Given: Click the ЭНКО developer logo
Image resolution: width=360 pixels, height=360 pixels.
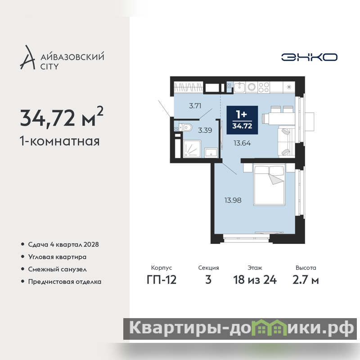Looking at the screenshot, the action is pos(309,57).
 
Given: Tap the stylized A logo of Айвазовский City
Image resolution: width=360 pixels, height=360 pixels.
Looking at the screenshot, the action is pos(27,58).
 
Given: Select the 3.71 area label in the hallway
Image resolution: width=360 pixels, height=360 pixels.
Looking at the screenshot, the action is pos(195,106).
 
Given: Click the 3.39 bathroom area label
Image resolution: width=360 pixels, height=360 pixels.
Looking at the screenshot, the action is pos(205,130).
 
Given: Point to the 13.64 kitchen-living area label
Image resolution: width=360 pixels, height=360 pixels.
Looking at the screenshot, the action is pos(242,143).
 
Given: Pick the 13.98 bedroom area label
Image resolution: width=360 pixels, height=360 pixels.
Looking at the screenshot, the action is pos(233,200).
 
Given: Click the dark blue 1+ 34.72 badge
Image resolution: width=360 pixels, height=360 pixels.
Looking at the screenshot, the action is pos(242,120).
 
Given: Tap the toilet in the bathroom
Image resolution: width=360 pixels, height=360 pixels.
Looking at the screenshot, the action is pos(185,127).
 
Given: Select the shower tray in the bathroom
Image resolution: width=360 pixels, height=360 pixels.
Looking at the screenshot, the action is pos(192,149).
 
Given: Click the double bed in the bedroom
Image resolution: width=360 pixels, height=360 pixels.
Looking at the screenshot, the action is pos(269,185).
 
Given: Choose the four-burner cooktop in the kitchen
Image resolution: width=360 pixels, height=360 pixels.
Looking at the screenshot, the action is pos(264,87).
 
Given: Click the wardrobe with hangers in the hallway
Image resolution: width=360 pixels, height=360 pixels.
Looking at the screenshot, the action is pos(189,87).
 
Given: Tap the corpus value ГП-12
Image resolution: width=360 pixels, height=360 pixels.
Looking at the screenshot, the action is pos(162,280).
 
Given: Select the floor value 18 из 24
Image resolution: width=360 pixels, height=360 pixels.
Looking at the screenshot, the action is pos(255,280).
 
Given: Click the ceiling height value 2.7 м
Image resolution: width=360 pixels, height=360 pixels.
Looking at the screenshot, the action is pos(306,280).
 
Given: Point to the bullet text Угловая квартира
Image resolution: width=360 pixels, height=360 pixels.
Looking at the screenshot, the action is pos(57,257).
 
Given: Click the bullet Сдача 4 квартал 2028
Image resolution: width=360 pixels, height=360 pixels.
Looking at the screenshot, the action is pos(63,244).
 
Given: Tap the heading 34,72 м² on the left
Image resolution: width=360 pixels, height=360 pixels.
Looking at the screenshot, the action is pos(62,117).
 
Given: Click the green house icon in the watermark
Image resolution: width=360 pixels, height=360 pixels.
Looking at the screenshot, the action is pos(269,328).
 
